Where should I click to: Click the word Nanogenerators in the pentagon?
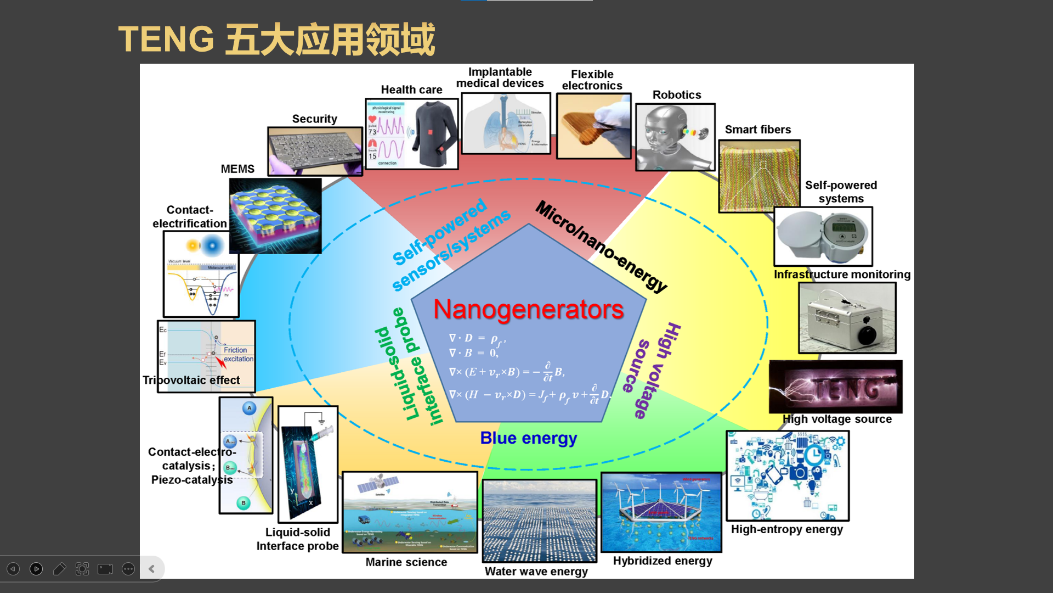(x=528, y=310)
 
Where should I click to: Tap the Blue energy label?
(x=528, y=438)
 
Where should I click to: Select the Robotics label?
(x=677, y=95)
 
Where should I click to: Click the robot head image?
(x=675, y=137)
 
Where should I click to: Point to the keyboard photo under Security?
(x=314, y=151)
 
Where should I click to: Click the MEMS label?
(x=237, y=169)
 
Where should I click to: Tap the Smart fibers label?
(x=758, y=130)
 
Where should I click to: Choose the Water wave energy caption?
(x=536, y=572)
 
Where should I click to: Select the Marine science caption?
(x=406, y=562)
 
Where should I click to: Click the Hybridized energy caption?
(x=663, y=561)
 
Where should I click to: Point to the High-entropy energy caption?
(x=786, y=529)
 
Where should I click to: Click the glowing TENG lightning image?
(x=835, y=387)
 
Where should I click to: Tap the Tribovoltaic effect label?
(x=191, y=381)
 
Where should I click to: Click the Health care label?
(x=411, y=90)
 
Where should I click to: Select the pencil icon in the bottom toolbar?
(x=59, y=569)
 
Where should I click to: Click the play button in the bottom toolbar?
(x=36, y=569)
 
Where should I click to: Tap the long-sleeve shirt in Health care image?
(x=434, y=134)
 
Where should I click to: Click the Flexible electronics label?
(x=592, y=80)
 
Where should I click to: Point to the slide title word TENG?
(x=166, y=40)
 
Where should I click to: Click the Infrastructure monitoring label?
(x=842, y=275)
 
